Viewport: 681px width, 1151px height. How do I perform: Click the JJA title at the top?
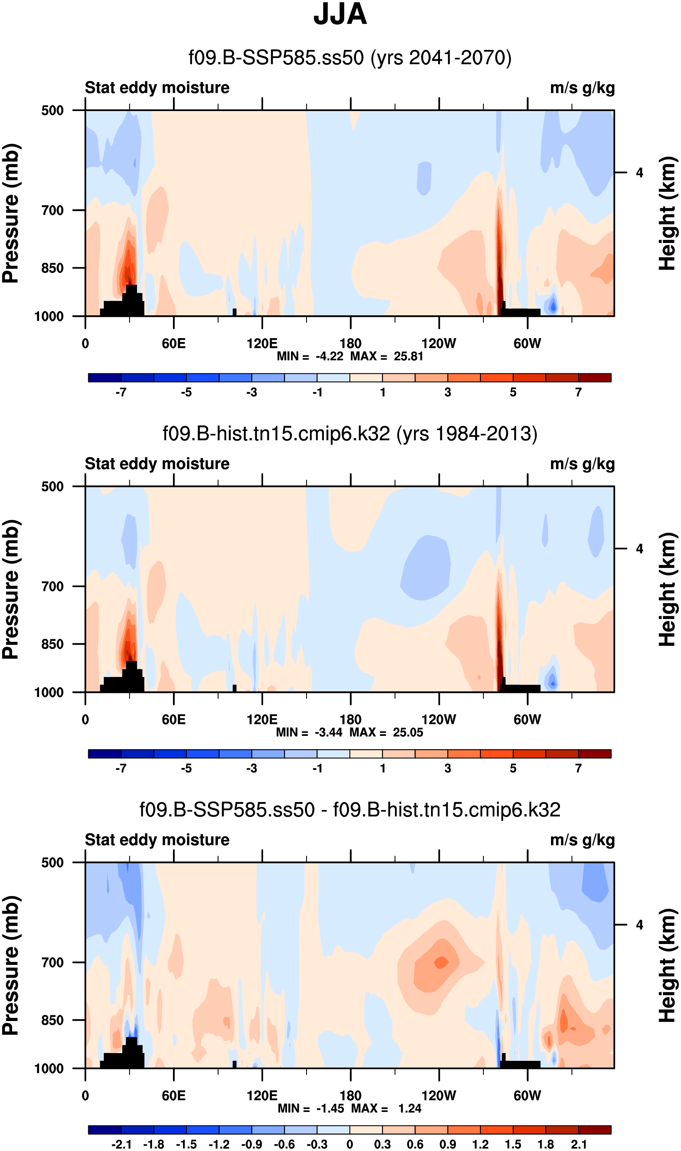click(340, 15)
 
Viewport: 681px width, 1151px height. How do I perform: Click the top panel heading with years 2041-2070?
click(350, 58)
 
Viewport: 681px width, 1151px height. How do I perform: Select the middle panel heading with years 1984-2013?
click(350, 434)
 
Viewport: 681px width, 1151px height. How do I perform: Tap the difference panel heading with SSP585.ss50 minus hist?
click(350, 810)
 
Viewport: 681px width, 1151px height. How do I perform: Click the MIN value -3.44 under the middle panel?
click(329, 733)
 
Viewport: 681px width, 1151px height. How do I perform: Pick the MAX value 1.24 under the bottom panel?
click(409, 1108)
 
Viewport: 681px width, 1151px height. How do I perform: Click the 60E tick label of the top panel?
click(173, 344)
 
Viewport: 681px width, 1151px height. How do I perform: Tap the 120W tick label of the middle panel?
click(439, 719)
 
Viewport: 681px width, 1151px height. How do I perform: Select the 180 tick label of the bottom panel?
click(350, 1096)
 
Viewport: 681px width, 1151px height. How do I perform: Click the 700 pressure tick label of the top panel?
click(52, 210)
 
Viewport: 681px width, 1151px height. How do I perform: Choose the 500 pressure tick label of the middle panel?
click(52, 487)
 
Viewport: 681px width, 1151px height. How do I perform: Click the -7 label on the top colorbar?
click(121, 392)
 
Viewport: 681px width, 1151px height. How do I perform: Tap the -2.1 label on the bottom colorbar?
click(121, 1144)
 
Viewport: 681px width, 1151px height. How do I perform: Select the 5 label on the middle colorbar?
click(513, 768)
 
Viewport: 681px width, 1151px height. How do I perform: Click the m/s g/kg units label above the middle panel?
click(582, 464)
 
